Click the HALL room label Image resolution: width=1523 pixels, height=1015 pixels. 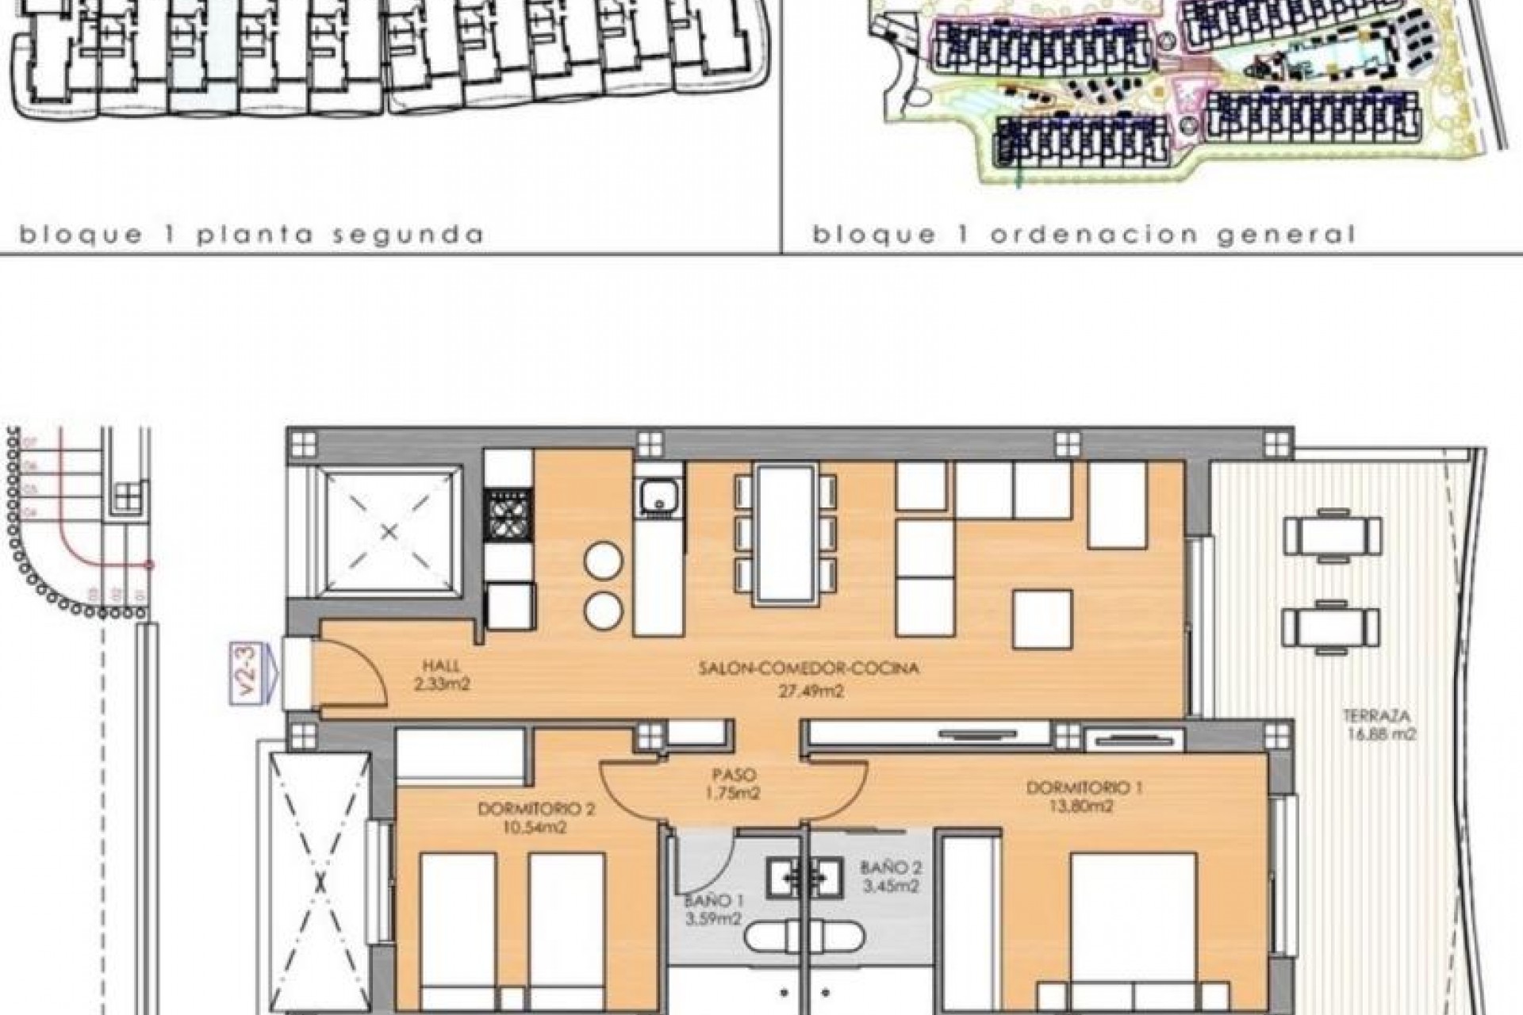[441, 667]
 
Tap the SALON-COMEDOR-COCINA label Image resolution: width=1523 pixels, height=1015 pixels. [808, 668]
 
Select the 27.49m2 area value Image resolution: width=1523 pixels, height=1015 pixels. [809, 691]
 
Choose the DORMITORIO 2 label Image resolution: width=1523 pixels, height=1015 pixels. [536, 810]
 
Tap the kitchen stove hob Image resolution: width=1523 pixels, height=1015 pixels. [508, 515]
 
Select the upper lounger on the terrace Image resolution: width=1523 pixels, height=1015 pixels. [1333, 537]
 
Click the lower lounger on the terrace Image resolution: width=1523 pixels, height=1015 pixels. [1333, 629]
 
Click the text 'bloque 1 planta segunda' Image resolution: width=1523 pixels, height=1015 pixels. [251, 236]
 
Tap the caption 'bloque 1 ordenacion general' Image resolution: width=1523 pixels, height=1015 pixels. [1084, 236]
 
